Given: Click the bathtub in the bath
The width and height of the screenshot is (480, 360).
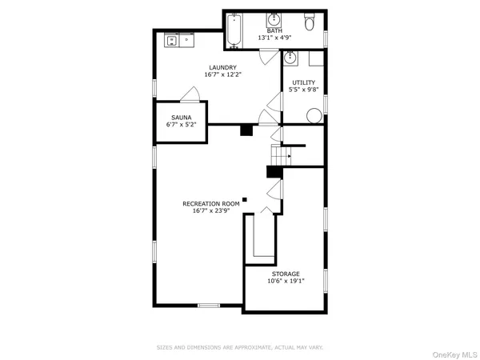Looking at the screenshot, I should tap(234, 30).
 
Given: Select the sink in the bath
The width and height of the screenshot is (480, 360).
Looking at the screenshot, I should tap(274, 18).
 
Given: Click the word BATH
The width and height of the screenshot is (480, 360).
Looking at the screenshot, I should tap(274, 30).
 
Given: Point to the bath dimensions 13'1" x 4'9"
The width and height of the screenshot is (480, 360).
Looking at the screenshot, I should tap(274, 38).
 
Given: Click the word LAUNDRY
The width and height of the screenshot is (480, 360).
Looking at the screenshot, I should tap(223, 67).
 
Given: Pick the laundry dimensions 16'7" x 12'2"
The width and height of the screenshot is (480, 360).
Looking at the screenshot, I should tap(223, 74).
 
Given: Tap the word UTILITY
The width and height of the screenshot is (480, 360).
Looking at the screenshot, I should tap(303, 82).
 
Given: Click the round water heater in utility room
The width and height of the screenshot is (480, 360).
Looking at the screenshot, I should tap(314, 113).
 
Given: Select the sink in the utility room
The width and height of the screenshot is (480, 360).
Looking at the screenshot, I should tap(291, 58).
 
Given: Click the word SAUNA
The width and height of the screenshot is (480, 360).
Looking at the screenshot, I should tap(180, 117).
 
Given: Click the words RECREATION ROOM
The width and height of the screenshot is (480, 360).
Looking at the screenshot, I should tap(211, 204).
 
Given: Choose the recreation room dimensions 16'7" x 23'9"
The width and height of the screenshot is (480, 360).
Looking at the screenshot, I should tap(211, 211).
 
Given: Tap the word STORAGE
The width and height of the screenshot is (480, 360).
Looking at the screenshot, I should tap(285, 274).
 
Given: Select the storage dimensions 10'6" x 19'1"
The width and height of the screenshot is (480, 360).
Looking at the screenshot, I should tap(285, 281).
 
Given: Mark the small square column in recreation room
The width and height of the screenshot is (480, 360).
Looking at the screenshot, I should tap(246, 199).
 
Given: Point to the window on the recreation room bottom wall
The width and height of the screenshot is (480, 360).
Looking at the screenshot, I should tap(209, 306).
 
